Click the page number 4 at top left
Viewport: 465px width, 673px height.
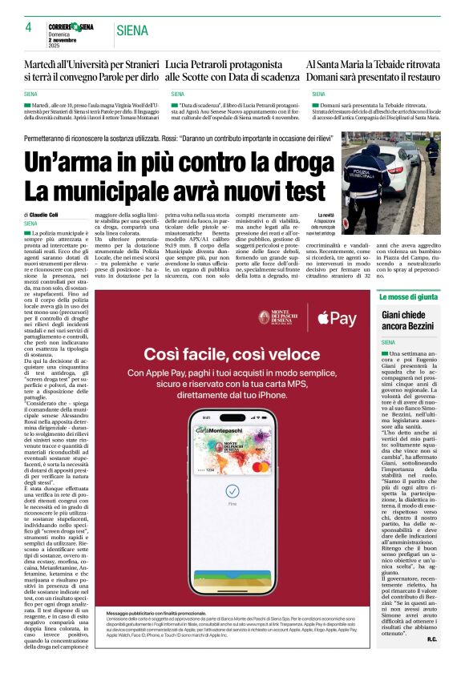(28, 28)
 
